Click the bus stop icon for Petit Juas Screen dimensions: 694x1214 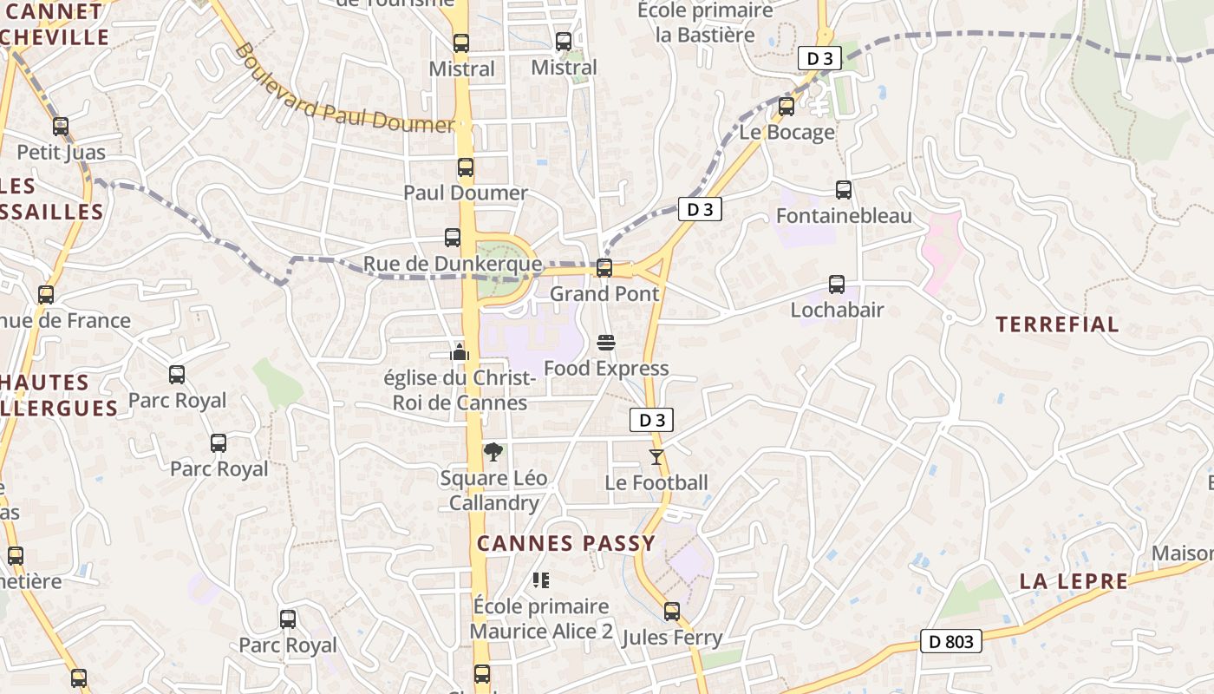click(61, 127)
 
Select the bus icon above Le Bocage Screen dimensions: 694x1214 click(786, 107)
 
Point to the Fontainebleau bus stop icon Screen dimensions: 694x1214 click(844, 190)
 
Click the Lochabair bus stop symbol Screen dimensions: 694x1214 click(837, 285)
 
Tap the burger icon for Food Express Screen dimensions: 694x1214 click(606, 343)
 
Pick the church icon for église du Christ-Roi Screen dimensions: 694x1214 click(460, 352)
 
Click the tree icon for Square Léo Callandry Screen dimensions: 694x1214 click(493, 452)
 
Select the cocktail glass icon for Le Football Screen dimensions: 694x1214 click(656, 457)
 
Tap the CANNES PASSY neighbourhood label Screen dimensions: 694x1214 click(566, 544)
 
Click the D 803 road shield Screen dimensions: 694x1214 click(951, 642)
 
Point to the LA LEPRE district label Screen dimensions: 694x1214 click(1074, 581)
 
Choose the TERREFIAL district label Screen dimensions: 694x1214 click(1057, 324)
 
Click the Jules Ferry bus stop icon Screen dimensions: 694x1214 click(672, 612)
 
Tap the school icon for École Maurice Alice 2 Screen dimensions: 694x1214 click(541, 579)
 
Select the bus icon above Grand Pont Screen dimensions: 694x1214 click(604, 268)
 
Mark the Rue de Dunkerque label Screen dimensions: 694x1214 click(452, 264)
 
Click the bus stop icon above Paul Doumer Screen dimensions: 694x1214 click(466, 167)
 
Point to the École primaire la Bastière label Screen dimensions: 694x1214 click(705, 23)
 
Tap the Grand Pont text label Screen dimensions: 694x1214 click(604, 294)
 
